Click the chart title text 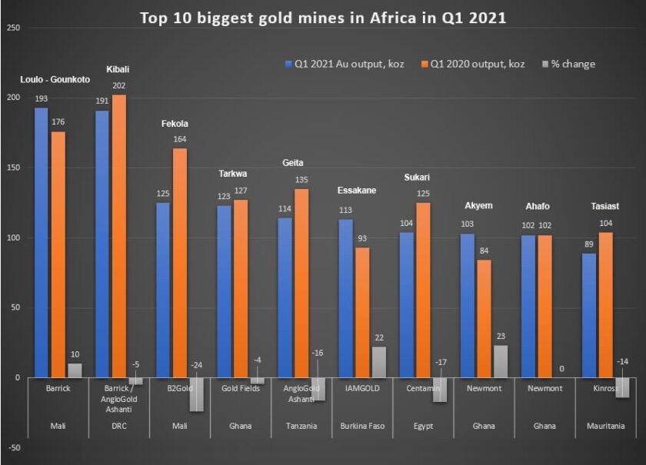click(322, 18)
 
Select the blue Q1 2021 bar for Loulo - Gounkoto click(41, 242)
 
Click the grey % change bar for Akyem click(501, 361)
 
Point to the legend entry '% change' click(572, 64)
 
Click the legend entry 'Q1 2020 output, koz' click(478, 64)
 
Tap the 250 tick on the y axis click(12, 28)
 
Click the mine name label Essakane click(357, 190)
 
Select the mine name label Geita click(293, 163)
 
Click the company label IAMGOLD click(361, 389)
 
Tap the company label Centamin click(422, 389)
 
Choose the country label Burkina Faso click(361, 426)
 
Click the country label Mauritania click(605, 426)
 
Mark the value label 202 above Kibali click(119, 86)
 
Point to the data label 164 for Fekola click(180, 139)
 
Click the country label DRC click(118, 426)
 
